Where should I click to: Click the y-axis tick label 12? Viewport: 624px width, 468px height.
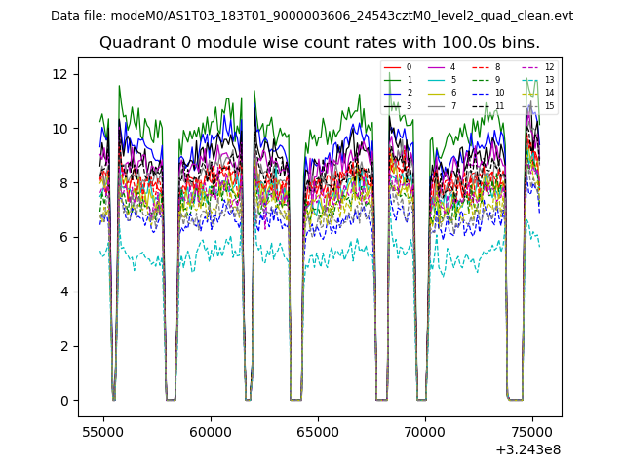point(60,74)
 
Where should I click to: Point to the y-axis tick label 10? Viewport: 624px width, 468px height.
point(60,129)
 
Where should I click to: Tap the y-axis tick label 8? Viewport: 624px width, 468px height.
point(63,183)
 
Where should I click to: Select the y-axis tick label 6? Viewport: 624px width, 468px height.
point(63,237)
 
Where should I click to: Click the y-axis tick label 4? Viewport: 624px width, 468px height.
point(63,292)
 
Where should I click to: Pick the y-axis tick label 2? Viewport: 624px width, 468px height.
point(63,346)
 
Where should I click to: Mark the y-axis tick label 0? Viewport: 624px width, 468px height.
point(63,401)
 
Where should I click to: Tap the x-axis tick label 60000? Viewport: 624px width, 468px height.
point(210,430)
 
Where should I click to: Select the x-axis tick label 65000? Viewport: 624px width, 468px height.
point(318,430)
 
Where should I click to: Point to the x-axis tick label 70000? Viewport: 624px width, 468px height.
point(425,430)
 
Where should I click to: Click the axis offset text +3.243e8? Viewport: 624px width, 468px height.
point(526,449)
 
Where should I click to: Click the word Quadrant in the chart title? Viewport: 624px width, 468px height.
point(135,43)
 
